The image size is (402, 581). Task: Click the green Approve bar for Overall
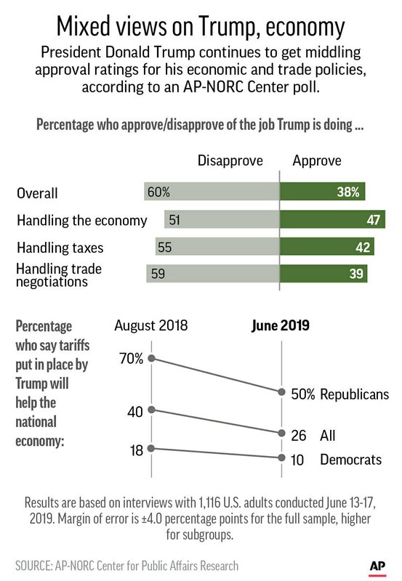point(322,191)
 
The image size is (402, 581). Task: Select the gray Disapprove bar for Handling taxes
point(217,246)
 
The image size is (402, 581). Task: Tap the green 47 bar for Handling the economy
point(332,219)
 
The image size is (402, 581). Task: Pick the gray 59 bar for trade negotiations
point(213,274)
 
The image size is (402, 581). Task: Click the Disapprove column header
point(230,161)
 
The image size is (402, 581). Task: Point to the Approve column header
point(317,161)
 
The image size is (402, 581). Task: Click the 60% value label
point(158,192)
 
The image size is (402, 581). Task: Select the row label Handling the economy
point(82,221)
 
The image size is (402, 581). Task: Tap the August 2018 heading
point(151,325)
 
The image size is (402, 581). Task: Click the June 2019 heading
point(281,325)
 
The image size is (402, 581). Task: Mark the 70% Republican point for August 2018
point(151,358)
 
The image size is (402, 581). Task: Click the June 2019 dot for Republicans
point(281,392)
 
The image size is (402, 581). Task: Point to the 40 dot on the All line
point(151,410)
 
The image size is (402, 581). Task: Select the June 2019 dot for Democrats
point(281,458)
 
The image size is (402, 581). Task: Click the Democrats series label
point(351,460)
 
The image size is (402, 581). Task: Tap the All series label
point(328,435)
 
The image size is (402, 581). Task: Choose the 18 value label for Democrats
point(137,450)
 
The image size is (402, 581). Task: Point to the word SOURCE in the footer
point(33,566)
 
